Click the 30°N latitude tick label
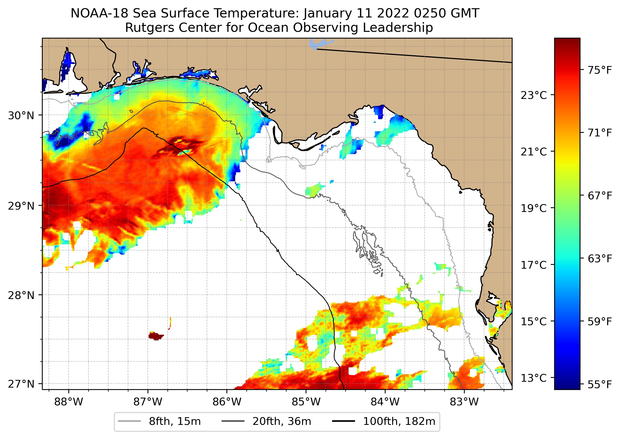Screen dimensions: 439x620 tap(21, 116)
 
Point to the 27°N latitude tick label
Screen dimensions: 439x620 tap(21, 384)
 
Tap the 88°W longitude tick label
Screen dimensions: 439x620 tap(68, 402)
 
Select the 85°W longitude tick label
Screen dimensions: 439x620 tap(306, 402)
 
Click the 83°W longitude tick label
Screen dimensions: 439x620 tap(464, 402)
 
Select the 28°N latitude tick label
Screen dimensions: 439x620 tap(21, 295)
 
